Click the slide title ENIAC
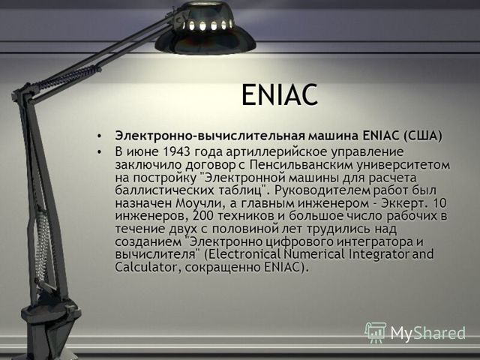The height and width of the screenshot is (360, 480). [x=279, y=94]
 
